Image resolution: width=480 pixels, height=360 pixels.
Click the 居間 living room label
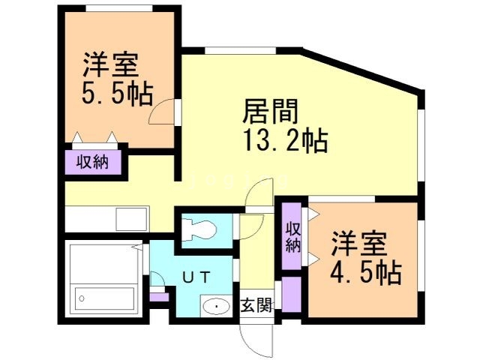point(271,113)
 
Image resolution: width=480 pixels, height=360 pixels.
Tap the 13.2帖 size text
point(284,140)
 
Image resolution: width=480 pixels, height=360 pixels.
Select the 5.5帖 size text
point(116,94)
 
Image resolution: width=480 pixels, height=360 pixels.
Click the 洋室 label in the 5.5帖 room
point(110,64)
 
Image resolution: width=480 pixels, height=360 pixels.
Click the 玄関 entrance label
point(256,305)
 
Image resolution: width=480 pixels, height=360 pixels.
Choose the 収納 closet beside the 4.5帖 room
point(292,236)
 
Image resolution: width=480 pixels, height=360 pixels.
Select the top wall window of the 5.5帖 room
point(116,8)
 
